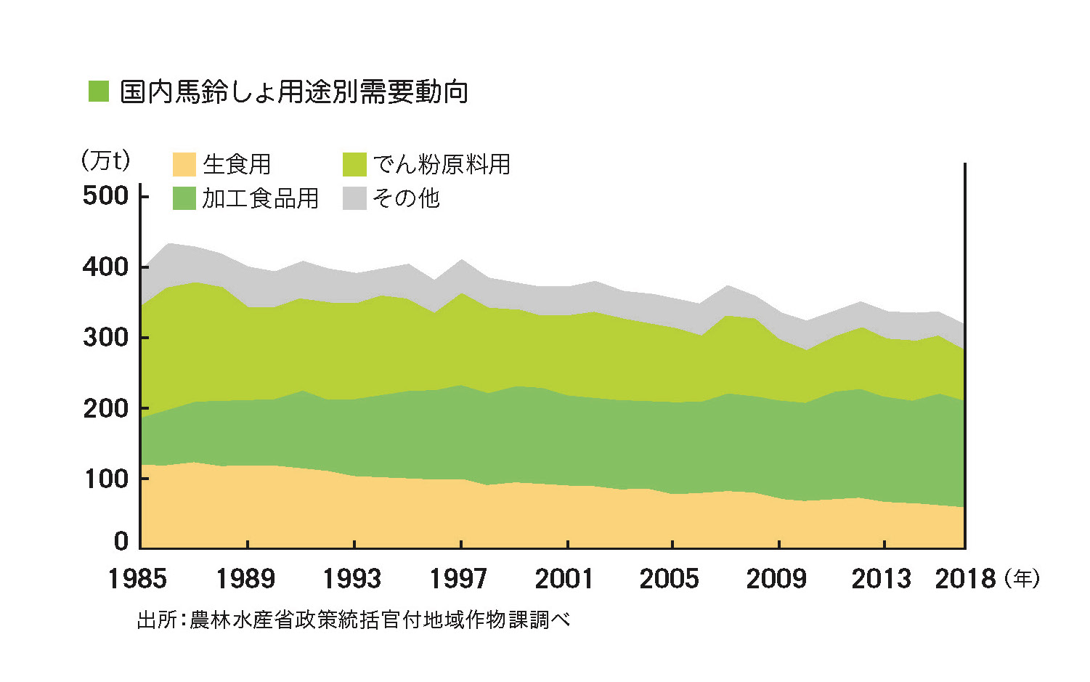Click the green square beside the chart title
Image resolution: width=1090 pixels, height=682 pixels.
pos(98,92)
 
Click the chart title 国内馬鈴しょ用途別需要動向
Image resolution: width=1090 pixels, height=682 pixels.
pos(293,92)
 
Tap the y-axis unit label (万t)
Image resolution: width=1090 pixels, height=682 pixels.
pos(106,161)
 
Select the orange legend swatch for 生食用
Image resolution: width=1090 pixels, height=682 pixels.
pos(184,164)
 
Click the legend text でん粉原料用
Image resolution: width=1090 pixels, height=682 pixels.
pos(442,164)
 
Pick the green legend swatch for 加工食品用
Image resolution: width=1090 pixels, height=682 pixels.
pos(184,198)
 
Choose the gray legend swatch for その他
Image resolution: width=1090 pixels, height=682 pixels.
pos(354,198)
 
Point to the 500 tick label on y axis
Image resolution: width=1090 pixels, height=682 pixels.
pos(105,196)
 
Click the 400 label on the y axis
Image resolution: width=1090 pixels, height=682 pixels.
pos(105,267)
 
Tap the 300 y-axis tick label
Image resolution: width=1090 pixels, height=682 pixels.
pos(105,338)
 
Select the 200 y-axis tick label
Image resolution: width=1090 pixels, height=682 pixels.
pos(105,409)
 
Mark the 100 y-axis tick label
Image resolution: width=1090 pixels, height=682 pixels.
pos(105,479)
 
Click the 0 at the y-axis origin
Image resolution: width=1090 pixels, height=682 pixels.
pos(121,541)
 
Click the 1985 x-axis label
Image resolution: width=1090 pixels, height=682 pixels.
pos(137,579)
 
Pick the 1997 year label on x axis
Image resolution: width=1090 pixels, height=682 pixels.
pos(458,579)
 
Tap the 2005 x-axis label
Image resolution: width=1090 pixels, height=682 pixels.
pos(670,579)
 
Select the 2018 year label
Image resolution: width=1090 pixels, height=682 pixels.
pos(965,579)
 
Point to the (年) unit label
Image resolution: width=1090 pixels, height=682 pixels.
pos(1022,579)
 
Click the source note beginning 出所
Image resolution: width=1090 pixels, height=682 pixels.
pos(354,620)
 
